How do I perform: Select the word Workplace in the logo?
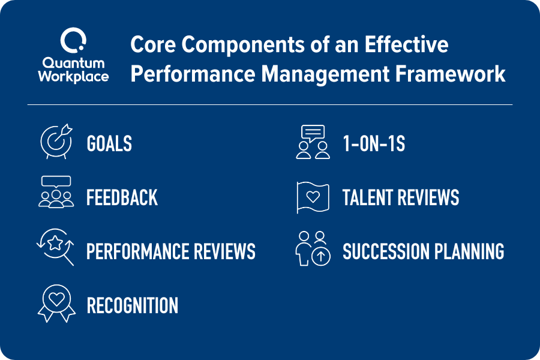point(72,76)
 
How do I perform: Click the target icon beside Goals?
point(56,142)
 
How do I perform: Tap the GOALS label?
point(109,144)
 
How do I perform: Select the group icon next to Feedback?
point(56,192)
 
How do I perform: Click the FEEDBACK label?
point(122,198)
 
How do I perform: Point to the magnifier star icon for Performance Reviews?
point(56,247)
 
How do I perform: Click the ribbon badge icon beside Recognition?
point(56,303)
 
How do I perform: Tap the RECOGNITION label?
point(133,306)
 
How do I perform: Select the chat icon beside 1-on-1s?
point(313,142)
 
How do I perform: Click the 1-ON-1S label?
point(373,144)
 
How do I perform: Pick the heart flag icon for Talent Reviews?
point(313,197)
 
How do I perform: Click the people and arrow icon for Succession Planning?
point(313,248)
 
